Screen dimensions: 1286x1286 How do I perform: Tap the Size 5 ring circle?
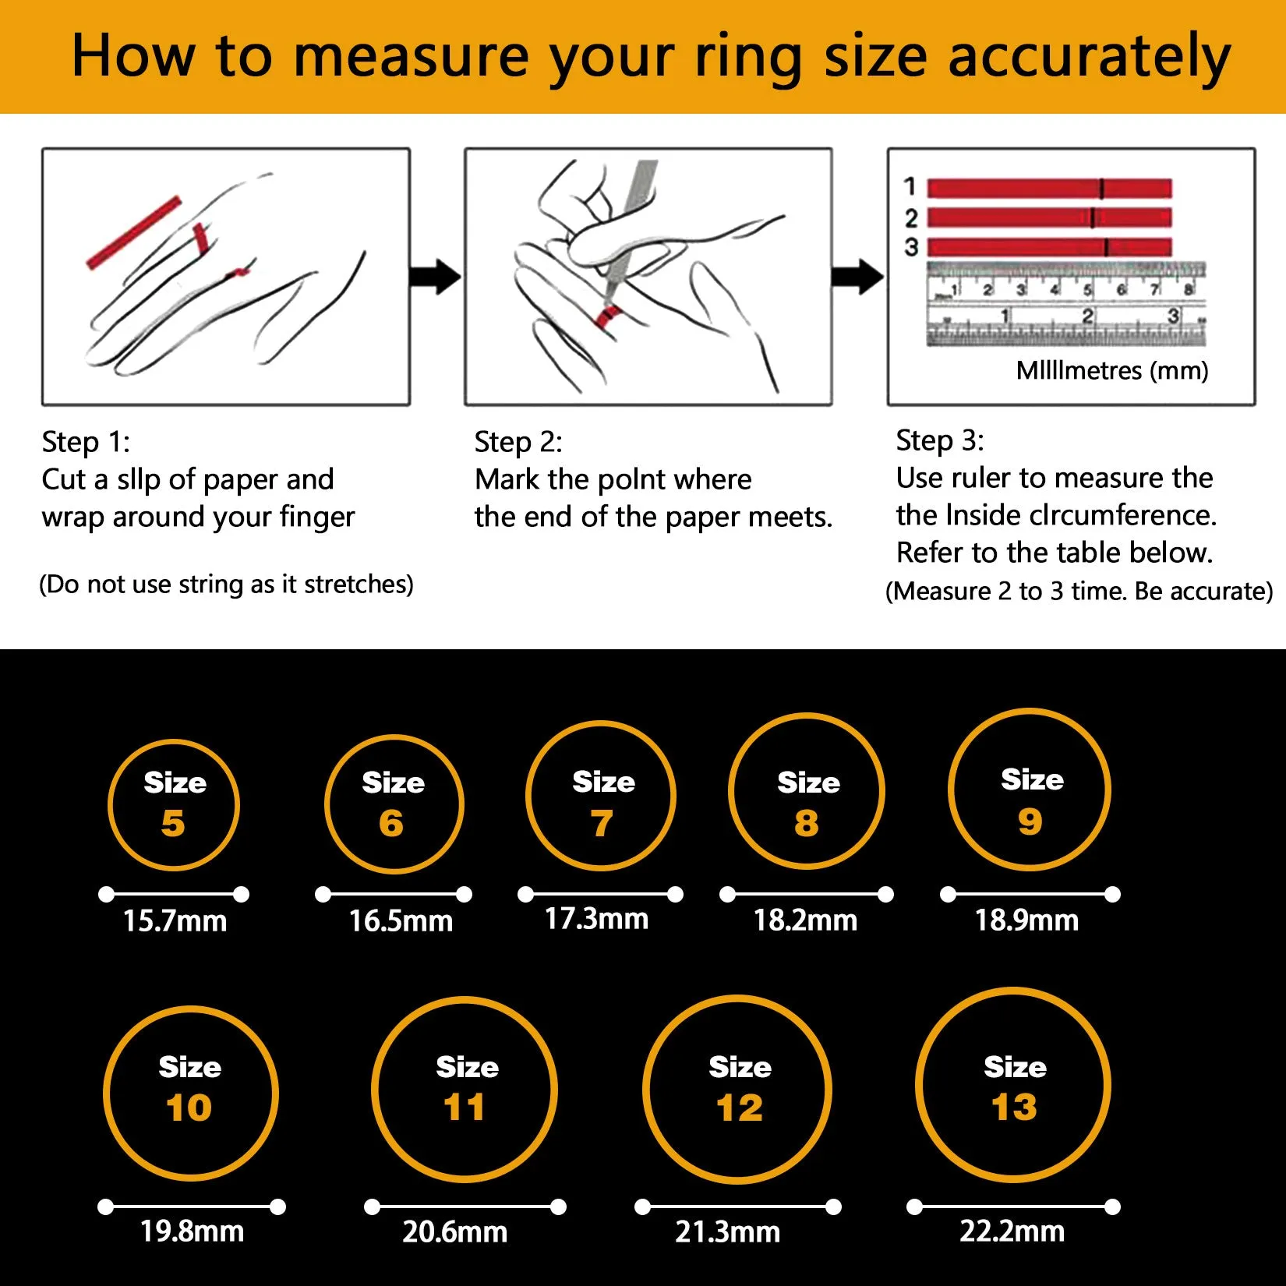tap(173, 804)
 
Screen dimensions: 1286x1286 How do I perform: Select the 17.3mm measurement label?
tap(596, 919)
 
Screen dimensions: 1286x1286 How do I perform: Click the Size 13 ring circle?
tap(1013, 1085)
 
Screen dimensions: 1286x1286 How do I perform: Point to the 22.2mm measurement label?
tap(1012, 1231)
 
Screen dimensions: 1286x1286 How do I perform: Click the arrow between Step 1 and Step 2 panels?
tap(435, 277)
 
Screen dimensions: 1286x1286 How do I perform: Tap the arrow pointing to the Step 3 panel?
tap(857, 277)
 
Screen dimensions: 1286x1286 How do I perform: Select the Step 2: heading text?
tap(518, 442)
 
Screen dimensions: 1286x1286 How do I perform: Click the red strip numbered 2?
tap(1048, 217)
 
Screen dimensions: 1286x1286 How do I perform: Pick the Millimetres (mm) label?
tap(1112, 370)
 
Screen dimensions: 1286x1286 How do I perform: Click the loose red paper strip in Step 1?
tap(133, 233)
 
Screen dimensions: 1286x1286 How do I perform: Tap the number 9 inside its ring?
tap(1030, 821)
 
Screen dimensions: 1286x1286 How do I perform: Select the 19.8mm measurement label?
tap(192, 1231)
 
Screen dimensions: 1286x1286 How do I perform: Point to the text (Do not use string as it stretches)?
tap(226, 585)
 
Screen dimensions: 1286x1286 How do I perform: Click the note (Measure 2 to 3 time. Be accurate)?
tap(1079, 592)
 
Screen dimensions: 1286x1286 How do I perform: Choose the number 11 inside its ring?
tap(465, 1108)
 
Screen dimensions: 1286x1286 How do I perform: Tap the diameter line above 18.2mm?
tap(806, 895)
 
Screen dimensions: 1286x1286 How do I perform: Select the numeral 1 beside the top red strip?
tap(910, 187)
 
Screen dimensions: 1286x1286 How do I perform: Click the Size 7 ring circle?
tap(601, 796)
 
